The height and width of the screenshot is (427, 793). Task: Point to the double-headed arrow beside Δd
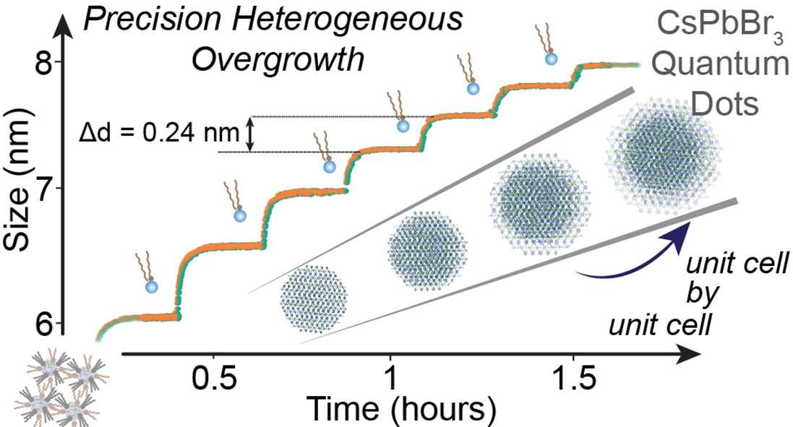click(250, 135)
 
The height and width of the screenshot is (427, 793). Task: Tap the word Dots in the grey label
click(726, 105)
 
